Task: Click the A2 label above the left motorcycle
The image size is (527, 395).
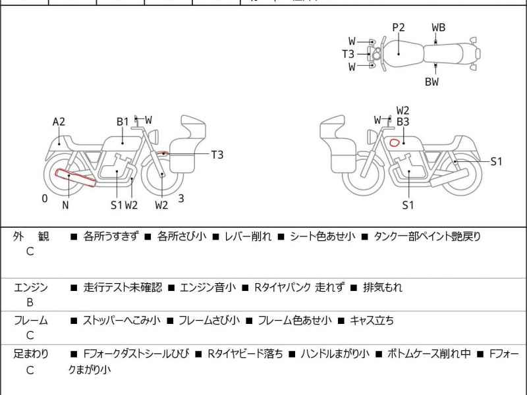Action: tap(59, 121)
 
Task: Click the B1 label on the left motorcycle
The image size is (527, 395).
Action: tap(123, 121)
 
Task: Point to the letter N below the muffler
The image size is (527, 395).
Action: tap(65, 205)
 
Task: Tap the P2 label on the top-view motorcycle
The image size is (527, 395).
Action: tap(399, 27)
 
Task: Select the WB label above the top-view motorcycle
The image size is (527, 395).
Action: tap(438, 27)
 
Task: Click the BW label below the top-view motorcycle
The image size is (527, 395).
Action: tap(431, 82)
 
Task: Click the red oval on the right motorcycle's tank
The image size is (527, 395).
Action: tap(395, 142)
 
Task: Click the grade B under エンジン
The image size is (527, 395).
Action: tap(30, 303)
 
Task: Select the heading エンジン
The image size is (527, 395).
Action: tap(30, 287)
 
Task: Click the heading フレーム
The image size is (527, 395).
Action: tap(30, 321)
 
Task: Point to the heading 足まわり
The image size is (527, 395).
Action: tap(30, 354)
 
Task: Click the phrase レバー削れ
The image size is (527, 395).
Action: tap(248, 236)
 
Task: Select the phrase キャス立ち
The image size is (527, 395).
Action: tap(372, 321)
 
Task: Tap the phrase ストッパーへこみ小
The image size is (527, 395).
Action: tap(121, 321)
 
